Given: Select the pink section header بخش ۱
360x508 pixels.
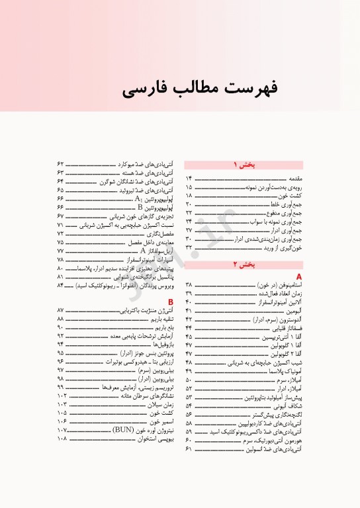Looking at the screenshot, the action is (x=243, y=165).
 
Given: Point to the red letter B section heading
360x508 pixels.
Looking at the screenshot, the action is (x=171, y=301).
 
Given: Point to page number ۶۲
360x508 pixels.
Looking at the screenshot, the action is (x=60, y=163).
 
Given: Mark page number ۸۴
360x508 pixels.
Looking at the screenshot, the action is (x=60, y=285).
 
